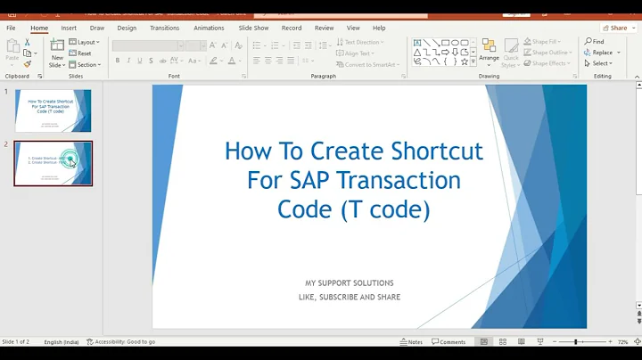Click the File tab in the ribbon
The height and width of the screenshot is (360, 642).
click(11, 28)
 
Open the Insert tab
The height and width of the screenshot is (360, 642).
click(69, 28)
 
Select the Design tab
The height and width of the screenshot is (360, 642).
click(127, 28)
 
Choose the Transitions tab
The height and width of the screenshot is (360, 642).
click(165, 28)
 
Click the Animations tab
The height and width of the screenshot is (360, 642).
click(209, 28)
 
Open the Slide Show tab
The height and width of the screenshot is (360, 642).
click(253, 28)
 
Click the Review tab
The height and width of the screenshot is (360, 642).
click(324, 28)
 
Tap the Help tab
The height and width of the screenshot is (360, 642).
click(379, 28)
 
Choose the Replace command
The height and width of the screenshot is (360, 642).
click(599, 53)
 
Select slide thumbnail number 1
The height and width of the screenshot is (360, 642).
click(53, 110)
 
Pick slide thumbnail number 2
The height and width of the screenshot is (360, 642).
click(53, 163)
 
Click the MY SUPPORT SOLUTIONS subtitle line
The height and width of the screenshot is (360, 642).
click(350, 283)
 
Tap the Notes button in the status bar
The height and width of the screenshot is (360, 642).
click(411, 342)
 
